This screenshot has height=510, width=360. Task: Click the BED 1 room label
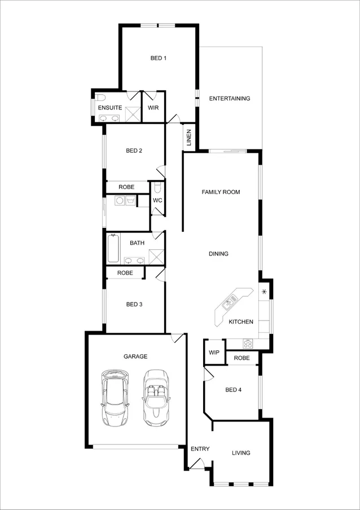[158, 58]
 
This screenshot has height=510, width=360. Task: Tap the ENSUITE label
[109, 107]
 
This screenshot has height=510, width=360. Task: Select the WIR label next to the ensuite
[153, 107]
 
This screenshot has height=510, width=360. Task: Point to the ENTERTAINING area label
[230, 99]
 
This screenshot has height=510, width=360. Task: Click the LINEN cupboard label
[189, 138]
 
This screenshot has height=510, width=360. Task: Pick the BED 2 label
[134, 151]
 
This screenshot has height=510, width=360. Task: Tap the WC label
[158, 200]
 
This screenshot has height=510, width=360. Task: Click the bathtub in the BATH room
[113, 249]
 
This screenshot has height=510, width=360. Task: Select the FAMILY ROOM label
[221, 192]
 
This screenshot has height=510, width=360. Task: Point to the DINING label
[218, 254]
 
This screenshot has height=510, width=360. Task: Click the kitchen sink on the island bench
[228, 305]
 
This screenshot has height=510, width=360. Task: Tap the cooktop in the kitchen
[248, 342]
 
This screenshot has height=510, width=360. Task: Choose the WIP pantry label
[214, 353]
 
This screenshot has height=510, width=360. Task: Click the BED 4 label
[233, 390]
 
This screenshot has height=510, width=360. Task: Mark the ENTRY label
[200, 450]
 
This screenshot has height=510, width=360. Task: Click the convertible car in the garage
[156, 397]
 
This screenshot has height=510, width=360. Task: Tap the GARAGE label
[135, 357]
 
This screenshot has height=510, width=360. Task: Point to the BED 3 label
[134, 305]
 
